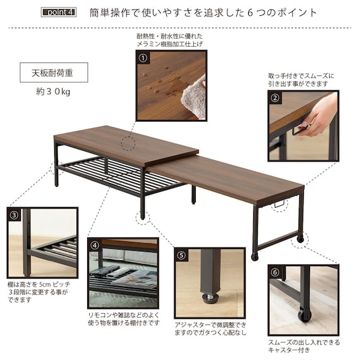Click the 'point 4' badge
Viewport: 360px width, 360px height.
click(x=59, y=12)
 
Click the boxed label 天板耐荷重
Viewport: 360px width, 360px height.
click(x=54, y=73)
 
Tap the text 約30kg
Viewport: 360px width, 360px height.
click(x=53, y=92)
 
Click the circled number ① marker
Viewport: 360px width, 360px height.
click(x=143, y=58)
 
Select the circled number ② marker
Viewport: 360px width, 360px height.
click(x=275, y=98)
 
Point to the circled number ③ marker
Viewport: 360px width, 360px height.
click(x=14, y=215)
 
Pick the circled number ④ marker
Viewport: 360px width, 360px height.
click(x=95, y=246)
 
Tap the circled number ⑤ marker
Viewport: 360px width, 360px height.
click(x=181, y=255)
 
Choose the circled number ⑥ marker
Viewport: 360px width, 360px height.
click(x=275, y=272)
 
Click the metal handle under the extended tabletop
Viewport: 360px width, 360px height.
click(x=279, y=203)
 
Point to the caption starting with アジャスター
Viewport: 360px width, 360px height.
click(x=210, y=328)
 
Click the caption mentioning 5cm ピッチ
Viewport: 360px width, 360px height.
click(x=39, y=292)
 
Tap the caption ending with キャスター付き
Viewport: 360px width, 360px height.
click(x=304, y=346)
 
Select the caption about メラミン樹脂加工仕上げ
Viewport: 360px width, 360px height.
click(x=170, y=40)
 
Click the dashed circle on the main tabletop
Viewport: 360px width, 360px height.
click(x=128, y=143)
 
